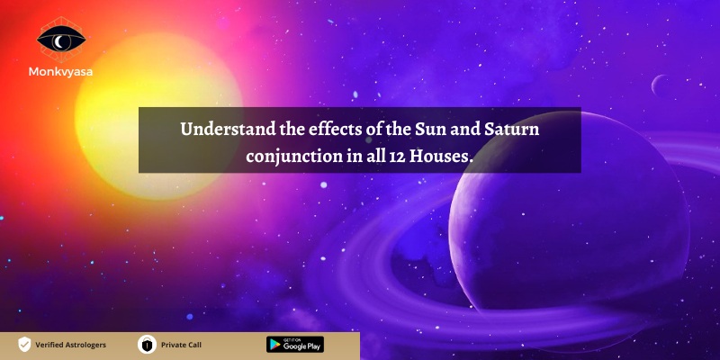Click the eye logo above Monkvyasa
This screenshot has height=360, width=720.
61,40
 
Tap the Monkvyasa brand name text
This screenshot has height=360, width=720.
60,72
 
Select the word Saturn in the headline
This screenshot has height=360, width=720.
511,130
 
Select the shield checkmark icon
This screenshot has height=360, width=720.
24,345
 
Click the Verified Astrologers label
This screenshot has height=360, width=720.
71,345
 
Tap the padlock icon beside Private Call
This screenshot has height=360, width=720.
147,345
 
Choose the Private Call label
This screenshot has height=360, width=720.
182,345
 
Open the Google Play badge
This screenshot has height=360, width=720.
295,345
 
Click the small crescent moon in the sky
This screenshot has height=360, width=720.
658,85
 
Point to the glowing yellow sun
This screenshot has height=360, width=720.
158,116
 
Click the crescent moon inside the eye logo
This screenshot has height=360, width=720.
58,42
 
